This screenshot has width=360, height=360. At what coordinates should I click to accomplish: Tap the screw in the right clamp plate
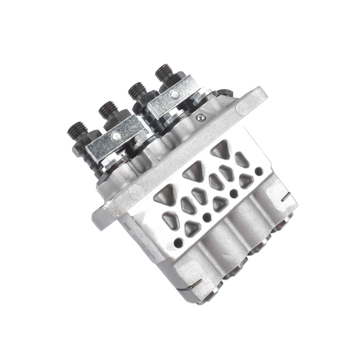[175, 94]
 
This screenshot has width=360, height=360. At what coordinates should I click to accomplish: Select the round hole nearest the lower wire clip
[178, 243]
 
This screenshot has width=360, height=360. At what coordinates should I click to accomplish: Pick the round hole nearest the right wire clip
[259, 172]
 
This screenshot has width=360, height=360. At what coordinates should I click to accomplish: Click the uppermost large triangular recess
[220, 150]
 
